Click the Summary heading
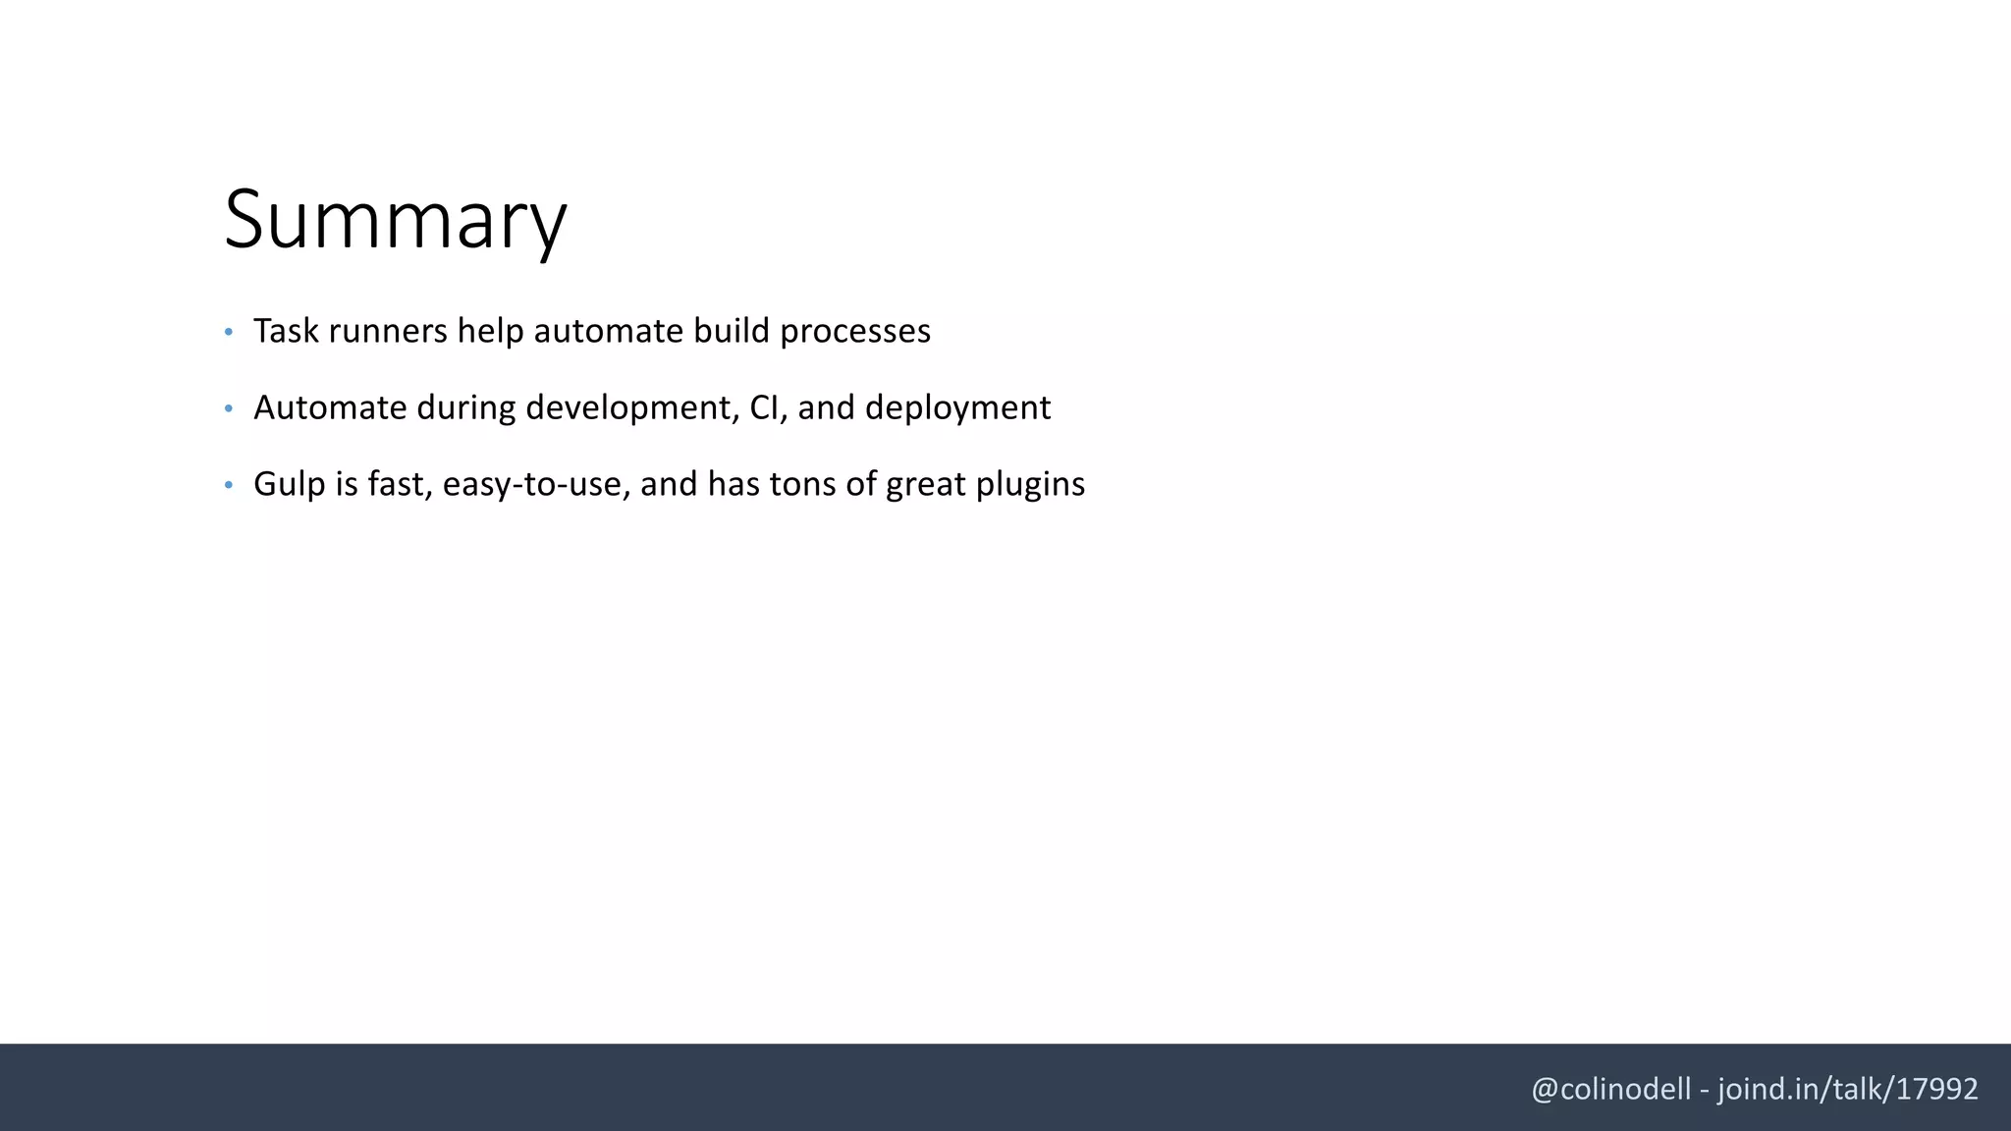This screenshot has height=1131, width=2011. tap(395, 219)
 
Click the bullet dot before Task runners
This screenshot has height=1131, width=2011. tap(229, 333)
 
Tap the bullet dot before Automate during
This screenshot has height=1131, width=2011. tap(229, 408)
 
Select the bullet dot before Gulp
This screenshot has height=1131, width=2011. tap(229, 485)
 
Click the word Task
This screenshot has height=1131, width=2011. tap(286, 331)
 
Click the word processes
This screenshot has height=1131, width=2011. tap(854, 331)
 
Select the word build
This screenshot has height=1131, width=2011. tap(732, 331)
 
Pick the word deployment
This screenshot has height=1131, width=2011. tap(957, 407)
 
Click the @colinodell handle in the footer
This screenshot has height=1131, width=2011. tap(1610, 1089)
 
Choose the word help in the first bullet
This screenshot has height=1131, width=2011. tap(490, 331)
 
